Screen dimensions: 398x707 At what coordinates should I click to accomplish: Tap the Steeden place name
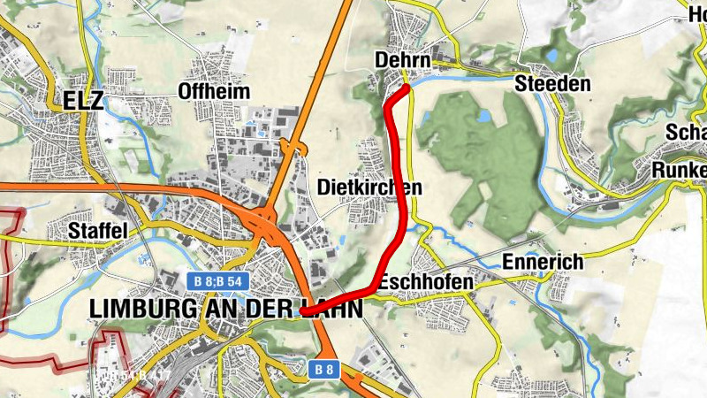(551, 84)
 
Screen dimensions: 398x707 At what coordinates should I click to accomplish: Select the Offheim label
(214, 91)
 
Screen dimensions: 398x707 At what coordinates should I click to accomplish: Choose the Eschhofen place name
(426, 281)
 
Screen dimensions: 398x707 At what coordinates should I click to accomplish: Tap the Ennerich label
(544, 262)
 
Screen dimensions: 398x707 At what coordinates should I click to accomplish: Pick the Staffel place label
(98, 230)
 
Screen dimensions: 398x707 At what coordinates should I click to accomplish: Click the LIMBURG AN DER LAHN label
(225, 308)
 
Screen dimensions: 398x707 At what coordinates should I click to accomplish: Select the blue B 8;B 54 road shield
(217, 280)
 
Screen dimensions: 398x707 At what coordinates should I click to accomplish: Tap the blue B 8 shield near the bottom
(323, 369)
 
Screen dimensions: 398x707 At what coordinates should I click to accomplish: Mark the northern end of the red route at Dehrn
(406, 88)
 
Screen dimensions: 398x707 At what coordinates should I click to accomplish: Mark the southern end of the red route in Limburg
(303, 311)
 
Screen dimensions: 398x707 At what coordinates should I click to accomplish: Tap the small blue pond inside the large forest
(483, 116)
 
